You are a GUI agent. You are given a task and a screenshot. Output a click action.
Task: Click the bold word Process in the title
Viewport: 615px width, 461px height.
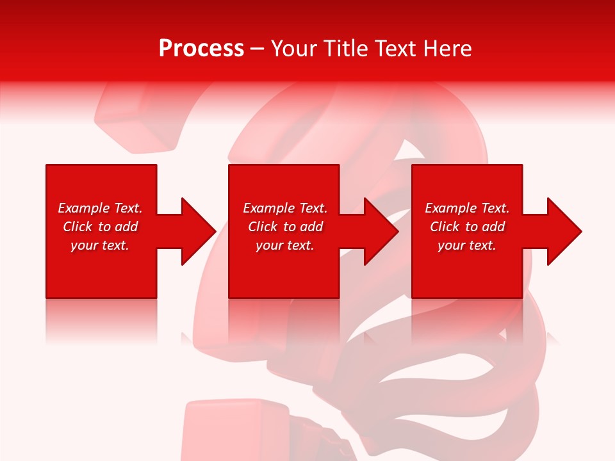[201, 49]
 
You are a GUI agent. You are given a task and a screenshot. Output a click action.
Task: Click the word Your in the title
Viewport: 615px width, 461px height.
[295, 49]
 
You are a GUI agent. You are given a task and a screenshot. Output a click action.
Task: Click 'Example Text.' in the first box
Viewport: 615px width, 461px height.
[100, 208]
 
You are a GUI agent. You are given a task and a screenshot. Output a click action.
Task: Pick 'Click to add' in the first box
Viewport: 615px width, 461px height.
[100, 227]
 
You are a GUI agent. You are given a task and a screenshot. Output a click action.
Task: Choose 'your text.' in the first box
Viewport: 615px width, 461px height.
[100, 245]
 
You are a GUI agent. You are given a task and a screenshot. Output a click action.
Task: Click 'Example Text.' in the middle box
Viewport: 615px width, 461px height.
[285, 208]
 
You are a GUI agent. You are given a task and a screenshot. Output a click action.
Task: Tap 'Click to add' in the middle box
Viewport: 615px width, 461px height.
[285, 227]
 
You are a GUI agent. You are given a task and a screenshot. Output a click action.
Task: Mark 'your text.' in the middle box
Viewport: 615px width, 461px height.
[285, 245]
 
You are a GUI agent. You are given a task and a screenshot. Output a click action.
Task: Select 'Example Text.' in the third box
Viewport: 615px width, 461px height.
[467, 208]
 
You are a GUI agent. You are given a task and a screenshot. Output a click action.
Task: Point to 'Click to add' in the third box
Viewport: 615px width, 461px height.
[467, 227]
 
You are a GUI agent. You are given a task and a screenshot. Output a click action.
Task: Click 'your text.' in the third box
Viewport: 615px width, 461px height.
[467, 245]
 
